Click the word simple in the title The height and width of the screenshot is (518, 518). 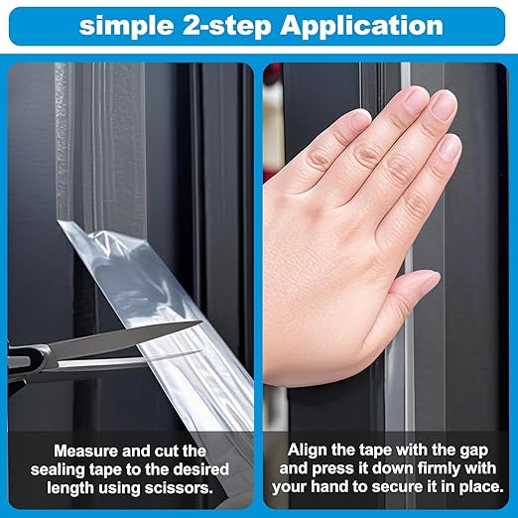coord(126,26)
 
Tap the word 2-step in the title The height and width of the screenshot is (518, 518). coord(226,26)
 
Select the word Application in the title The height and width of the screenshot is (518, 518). coord(361,26)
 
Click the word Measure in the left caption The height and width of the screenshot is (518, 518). coord(84,451)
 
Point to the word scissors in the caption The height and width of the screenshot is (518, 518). coord(184,488)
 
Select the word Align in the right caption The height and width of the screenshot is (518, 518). coord(307,451)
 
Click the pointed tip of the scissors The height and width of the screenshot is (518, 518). coord(201,322)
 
